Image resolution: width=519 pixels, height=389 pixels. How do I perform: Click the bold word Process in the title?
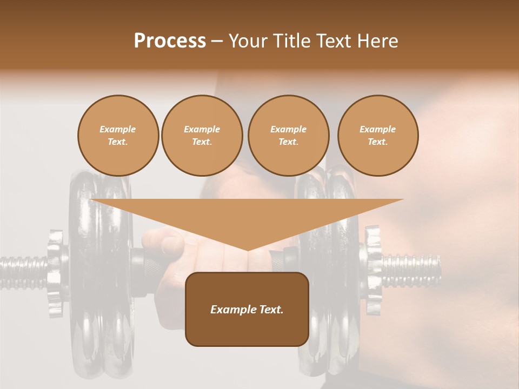[170, 41]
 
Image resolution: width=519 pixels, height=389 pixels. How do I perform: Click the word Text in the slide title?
[336, 41]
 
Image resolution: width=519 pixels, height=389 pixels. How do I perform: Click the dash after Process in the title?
[217, 42]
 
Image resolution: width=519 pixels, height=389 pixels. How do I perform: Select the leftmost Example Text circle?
[118, 136]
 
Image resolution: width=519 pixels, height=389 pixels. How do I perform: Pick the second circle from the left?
[202, 136]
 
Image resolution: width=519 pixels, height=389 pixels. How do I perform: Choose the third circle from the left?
[288, 136]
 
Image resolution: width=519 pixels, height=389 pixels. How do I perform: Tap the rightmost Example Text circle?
[377, 136]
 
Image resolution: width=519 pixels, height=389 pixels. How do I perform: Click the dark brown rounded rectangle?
[247, 330]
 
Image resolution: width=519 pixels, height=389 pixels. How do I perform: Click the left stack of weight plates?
[100, 303]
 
